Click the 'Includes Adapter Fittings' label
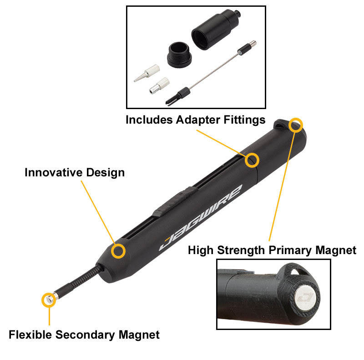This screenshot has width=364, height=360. click(x=195, y=120)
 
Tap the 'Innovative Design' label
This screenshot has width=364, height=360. click(x=74, y=173)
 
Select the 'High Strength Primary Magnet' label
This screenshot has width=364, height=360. click(x=272, y=250)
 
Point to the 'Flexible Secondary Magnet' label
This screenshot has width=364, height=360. click(x=84, y=335)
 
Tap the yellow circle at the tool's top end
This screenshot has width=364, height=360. click(x=296, y=124)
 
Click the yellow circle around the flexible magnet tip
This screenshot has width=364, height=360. click(x=49, y=299)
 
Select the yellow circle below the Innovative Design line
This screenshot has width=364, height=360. click(x=119, y=251)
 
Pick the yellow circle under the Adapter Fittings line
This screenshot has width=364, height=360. click(x=252, y=160)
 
